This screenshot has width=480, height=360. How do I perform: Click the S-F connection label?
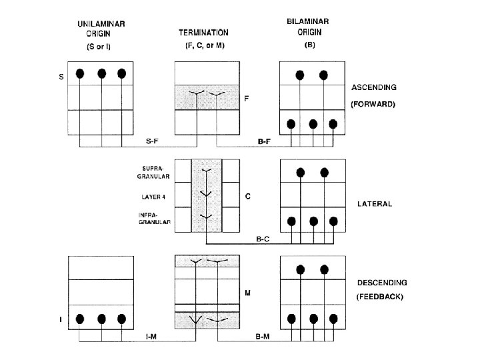click(x=152, y=141)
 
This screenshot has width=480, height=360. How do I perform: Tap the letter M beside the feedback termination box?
click(x=248, y=293)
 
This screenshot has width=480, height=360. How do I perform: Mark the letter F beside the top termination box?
click(x=247, y=97)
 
